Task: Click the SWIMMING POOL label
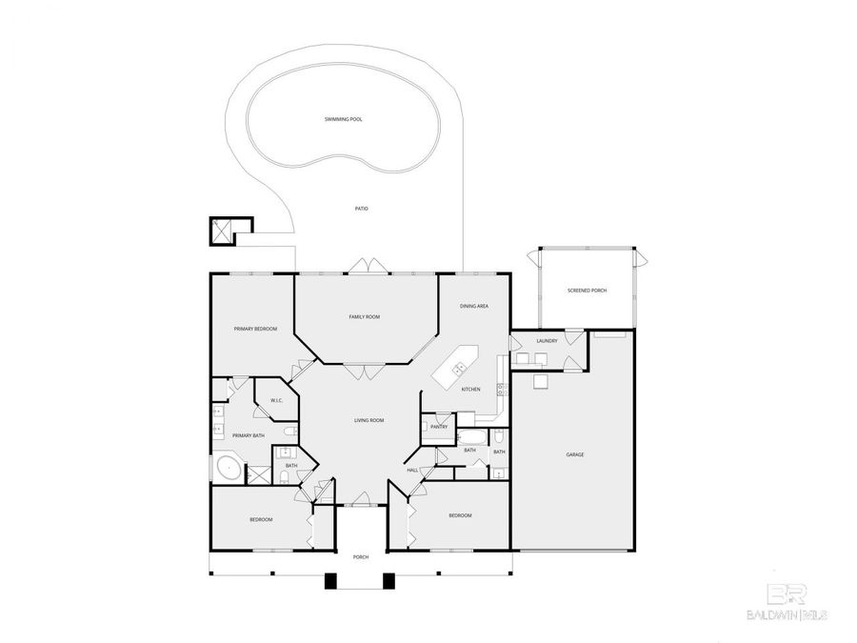point(343,119)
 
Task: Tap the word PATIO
point(361,209)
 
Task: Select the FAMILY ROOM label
point(365,316)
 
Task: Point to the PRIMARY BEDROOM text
point(255,329)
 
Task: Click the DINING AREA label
point(474,306)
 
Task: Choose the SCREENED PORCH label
point(587,290)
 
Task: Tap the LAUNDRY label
point(547,340)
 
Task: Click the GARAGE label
point(574,454)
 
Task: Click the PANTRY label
point(439,427)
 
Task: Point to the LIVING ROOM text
point(369,420)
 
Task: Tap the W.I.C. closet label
point(275,400)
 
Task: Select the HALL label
point(412,470)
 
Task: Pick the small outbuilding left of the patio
point(228,231)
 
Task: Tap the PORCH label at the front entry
point(360,556)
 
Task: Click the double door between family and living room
point(365,372)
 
